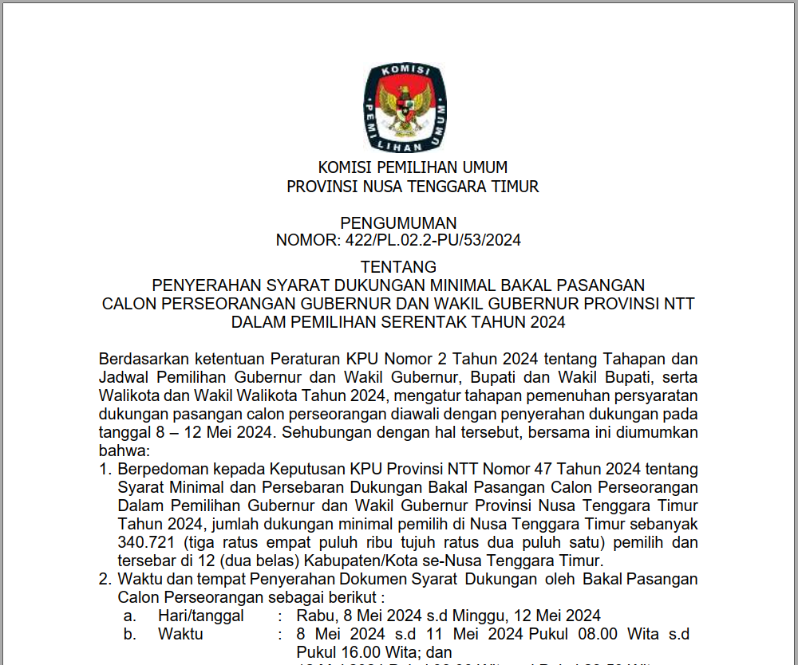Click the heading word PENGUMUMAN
point(398,223)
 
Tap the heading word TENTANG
point(398,266)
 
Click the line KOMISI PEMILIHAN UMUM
point(413,167)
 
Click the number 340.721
point(144,543)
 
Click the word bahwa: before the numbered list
point(119,451)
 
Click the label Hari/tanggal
point(200,616)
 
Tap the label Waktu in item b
point(180,635)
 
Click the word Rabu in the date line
point(312,616)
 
